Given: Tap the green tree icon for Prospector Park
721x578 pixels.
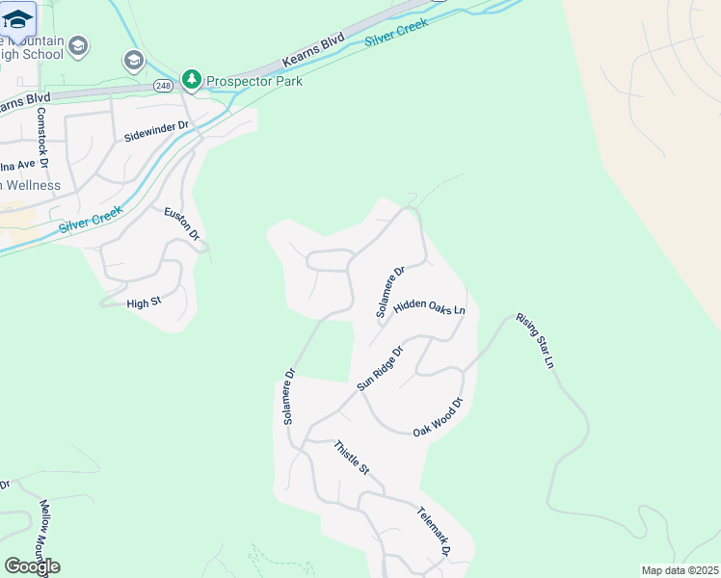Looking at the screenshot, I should pyautogui.click(x=192, y=79).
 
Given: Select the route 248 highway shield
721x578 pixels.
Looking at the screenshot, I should pyautogui.click(x=162, y=86).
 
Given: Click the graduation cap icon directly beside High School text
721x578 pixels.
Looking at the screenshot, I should pyautogui.click(x=79, y=45).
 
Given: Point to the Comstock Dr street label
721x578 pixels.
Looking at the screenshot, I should pyautogui.click(x=42, y=133).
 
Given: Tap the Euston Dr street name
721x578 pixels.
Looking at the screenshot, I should pyautogui.click(x=181, y=223).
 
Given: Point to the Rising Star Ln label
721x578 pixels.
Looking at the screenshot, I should pyautogui.click(x=536, y=340).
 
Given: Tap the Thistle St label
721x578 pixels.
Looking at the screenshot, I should pyautogui.click(x=352, y=457).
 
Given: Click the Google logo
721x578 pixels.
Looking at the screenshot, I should pyautogui.click(x=32, y=566).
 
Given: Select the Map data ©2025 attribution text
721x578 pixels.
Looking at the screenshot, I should pyautogui.click(x=680, y=570).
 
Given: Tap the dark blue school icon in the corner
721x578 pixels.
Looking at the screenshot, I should pyautogui.click(x=16, y=18).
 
